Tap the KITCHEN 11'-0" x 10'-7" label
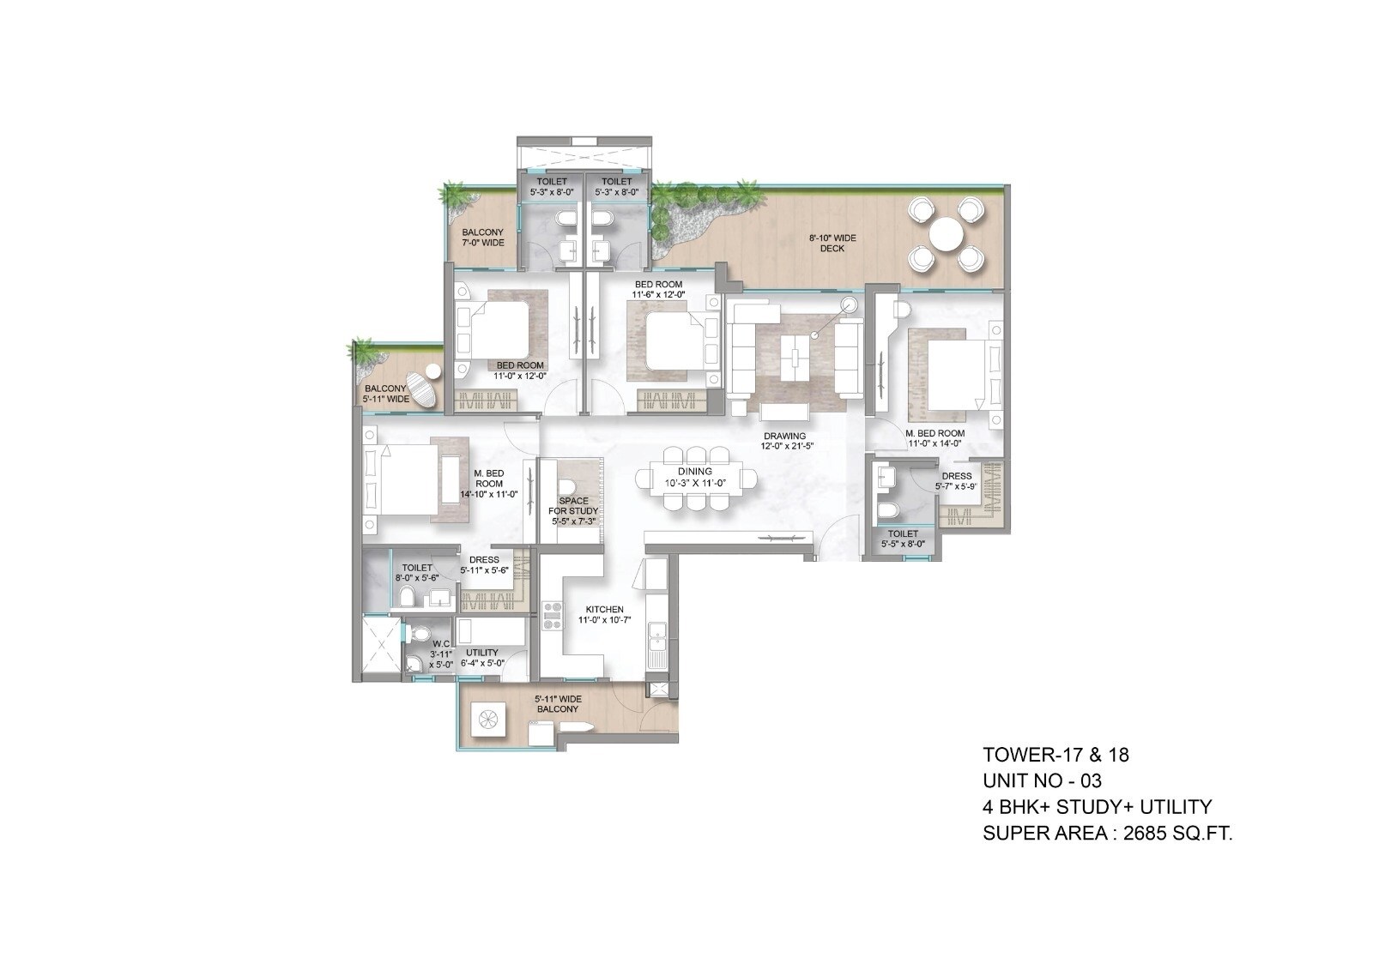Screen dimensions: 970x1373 [x=601, y=614]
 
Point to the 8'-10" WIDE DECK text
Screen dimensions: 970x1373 [x=832, y=244]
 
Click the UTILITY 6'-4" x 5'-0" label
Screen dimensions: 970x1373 [x=481, y=658]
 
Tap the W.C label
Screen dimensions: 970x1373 [x=441, y=654]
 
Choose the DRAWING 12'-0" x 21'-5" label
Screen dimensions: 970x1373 [x=783, y=441]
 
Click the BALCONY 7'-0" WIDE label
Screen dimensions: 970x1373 [x=483, y=238]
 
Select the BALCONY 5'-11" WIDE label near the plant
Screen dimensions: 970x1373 [x=385, y=394]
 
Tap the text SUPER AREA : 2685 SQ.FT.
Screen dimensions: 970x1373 [x=1107, y=833]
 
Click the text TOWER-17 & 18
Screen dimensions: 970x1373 [x=1055, y=755]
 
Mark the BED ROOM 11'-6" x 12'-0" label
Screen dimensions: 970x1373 [x=658, y=289]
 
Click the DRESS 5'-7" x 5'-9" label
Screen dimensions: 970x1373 [x=956, y=481]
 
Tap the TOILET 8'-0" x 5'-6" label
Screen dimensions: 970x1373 [x=417, y=573]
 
